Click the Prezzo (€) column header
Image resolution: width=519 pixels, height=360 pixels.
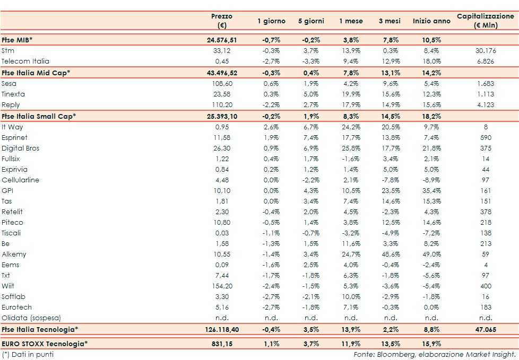(x=221, y=21)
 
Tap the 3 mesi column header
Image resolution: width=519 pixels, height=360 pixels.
(x=390, y=21)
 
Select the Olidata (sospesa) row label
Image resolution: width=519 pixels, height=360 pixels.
(x=31, y=318)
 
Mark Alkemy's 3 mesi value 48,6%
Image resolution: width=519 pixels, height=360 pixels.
(x=390, y=254)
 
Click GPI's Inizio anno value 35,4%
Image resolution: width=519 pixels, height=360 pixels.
(x=431, y=190)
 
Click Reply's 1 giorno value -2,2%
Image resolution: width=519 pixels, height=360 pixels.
(x=271, y=104)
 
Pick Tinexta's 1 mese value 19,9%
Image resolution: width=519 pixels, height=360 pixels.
(x=351, y=94)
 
